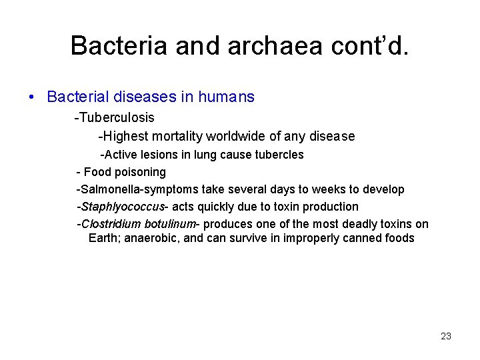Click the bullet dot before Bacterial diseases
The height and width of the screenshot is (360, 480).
(32, 97)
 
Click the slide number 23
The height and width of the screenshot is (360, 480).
(446, 336)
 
